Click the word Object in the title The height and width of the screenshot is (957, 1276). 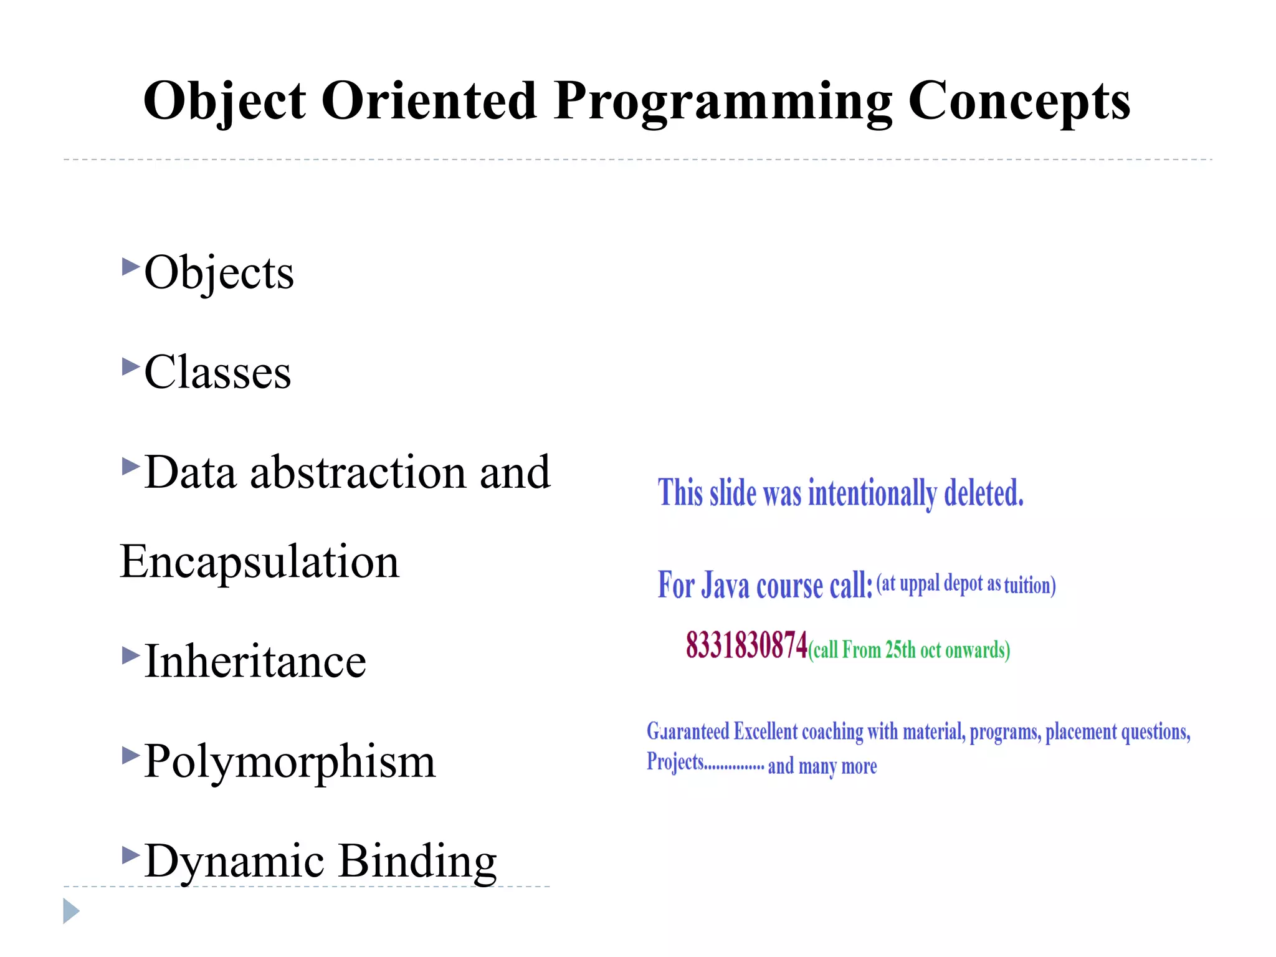click(x=224, y=101)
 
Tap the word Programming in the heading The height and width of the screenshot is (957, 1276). click(x=723, y=101)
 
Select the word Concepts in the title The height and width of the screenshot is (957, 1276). click(x=1019, y=101)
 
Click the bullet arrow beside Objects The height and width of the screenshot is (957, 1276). click(x=130, y=267)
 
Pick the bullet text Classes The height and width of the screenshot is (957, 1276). click(x=217, y=372)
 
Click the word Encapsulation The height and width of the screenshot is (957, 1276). click(x=259, y=561)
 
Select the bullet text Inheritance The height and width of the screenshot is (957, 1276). click(x=255, y=661)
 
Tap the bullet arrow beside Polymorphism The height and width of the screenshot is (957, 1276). click(x=130, y=756)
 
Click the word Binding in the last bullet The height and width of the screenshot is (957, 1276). click(x=417, y=860)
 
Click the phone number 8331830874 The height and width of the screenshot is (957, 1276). click(x=746, y=645)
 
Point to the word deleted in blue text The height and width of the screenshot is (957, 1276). click(x=984, y=493)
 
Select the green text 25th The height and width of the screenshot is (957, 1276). click(x=900, y=650)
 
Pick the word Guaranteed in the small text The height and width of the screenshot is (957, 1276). click(x=687, y=731)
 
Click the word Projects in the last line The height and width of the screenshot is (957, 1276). click(x=675, y=762)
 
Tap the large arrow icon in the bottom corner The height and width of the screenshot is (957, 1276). click(x=71, y=912)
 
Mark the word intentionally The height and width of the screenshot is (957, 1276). click(x=872, y=493)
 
